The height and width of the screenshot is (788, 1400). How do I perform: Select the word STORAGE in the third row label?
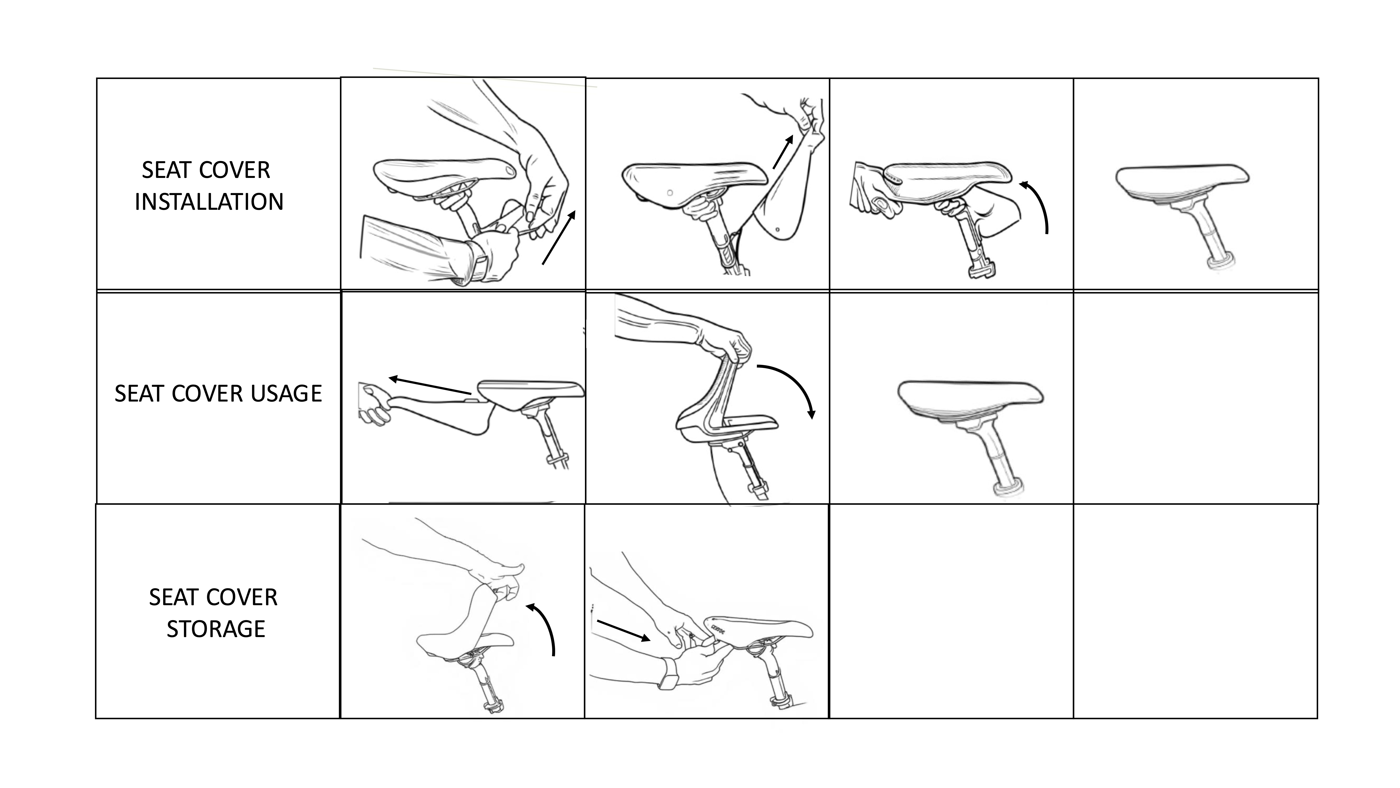point(216,629)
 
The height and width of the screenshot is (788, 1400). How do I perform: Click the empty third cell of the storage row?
point(951,611)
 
